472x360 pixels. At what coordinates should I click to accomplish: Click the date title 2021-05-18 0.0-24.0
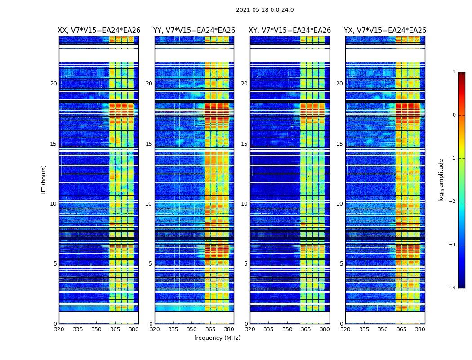pyautogui.click(x=265, y=10)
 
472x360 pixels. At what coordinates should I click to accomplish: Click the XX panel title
pyautogui.click(x=99, y=31)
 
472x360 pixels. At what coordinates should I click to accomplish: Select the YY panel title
pyautogui.click(x=194, y=31)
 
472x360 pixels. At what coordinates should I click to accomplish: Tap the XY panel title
pyautogui.click(x=290, y=31)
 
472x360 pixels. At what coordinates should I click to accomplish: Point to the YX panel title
pyautogui.click(x=385, y=31)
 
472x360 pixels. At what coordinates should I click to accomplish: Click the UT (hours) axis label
pyautogui.click(x=44, y=180)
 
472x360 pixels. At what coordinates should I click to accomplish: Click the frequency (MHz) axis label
pyautogui.click(x=217, y=338)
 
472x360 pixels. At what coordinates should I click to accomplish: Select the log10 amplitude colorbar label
pyautogui.click(x=441, y=180)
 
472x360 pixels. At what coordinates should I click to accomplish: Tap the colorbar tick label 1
pyautogui.click(x=454, y=72)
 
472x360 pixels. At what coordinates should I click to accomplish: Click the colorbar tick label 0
pyautogui.click(x=454, y=115)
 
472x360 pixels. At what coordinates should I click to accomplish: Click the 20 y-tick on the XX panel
pyautogui.click(x=53, y=84)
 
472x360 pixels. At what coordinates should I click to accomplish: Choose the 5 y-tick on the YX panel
pyautogui.click(x=341, y=264)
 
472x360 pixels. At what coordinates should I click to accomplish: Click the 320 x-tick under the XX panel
pyautogui.click(x=59, y=329)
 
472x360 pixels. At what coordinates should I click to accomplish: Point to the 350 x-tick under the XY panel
pyautogui.click(x=287, y=329)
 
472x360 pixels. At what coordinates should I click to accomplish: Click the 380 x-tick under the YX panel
pyautogui.click(x=420, y=329)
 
